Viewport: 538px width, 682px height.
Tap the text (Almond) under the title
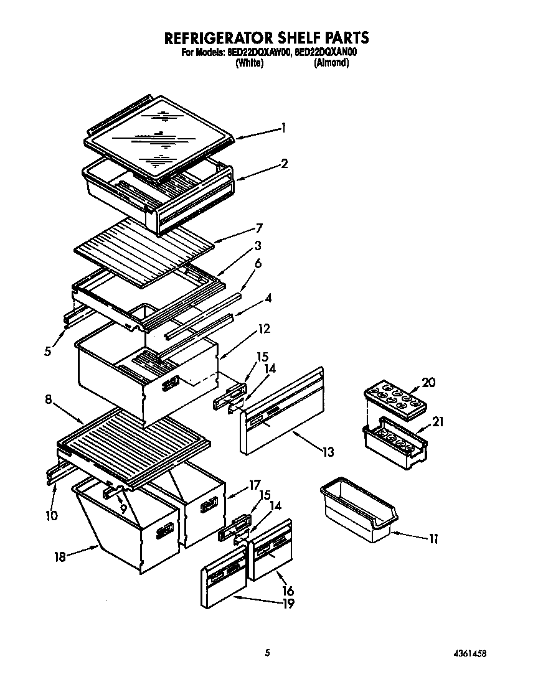coord(331,63)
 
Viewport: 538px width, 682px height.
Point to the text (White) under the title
coord(249,63)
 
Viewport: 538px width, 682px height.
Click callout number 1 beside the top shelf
coord(283,128)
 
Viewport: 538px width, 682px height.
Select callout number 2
coord(284,164)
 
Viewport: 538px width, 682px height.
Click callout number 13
coord(328,452)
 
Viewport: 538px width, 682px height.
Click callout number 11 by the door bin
coord(433,539)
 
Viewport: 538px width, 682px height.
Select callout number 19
coord(288,603)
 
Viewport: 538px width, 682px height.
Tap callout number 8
coord(48,401)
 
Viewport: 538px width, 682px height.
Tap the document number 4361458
coord(470,653)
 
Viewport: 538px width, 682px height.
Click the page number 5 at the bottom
coord(268,653)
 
